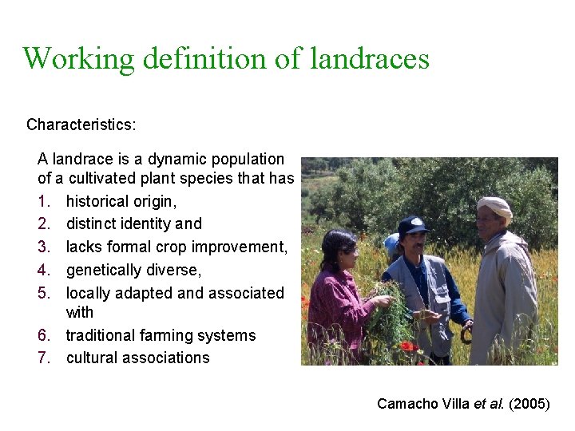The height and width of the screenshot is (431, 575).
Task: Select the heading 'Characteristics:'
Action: [x=81, y=125]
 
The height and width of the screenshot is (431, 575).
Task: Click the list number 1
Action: [x=44, y=201]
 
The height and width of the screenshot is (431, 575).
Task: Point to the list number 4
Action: [x=44, y=270]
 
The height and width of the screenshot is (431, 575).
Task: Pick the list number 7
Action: [x=44, y=358]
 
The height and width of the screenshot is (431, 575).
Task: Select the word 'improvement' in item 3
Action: [x=241, y=247]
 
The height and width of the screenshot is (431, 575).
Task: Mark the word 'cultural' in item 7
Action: [x=93, y=358]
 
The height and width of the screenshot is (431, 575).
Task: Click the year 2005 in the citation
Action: [x=529, y=404]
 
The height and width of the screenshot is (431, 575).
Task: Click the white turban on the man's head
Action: [x=494, y=207]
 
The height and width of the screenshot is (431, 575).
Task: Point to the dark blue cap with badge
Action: [x=413, y=225]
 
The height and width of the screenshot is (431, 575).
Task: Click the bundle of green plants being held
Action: [x=391, y=319]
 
